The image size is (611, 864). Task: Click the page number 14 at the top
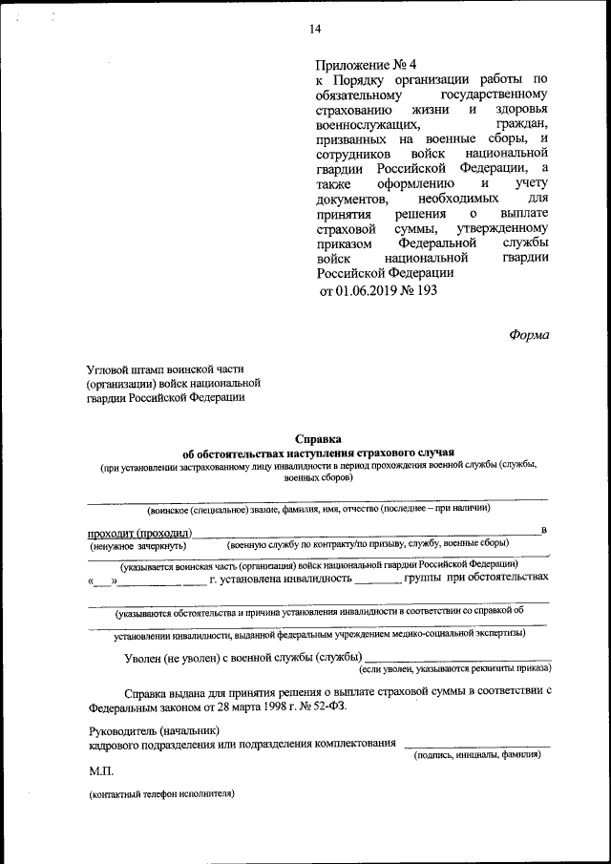pyautogui.click(x=314, y=30)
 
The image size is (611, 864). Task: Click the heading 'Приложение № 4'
pyautogui.click(x=366, y=65)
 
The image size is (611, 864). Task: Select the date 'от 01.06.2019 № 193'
pyautogui.click(x=377, y=289)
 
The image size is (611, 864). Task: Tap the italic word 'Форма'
pyautogui.click(x=528, y=334)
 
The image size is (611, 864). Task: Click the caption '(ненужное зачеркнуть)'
pyautogui.click(x=132, y=544)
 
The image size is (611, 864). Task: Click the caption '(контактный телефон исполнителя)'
pyautogui.click(x=161, y=794)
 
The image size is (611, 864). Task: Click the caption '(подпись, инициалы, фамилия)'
pyautogui.click(x=476, y=755)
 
